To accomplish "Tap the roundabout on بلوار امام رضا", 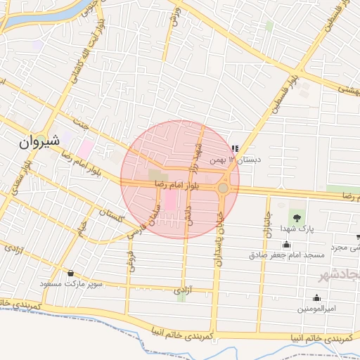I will coord(224,188).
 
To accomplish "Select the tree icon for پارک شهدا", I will coord(295,217).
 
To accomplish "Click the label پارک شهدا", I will coord(295,230).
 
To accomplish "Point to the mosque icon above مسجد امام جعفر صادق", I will coord(285,243).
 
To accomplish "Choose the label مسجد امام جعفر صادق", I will coord(285,255).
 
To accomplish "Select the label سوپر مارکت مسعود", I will coord(75,284).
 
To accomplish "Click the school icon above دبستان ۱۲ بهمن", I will coord(234,149).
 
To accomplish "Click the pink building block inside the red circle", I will coord(171,202).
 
